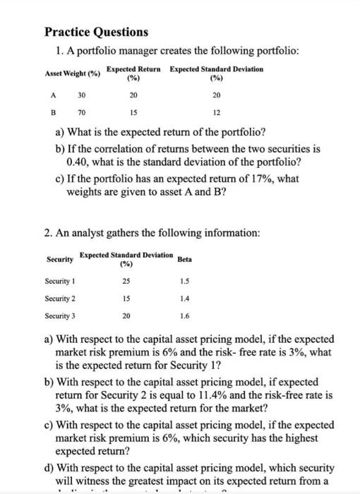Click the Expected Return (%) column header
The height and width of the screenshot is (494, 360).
pos(133,73)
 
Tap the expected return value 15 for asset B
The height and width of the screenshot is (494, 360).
pos(134,112)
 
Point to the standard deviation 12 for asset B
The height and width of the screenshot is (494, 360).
pos(217,112)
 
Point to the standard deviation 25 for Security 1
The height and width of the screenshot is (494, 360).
pos(126,282)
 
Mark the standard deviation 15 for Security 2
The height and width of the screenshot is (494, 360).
pos(126,299)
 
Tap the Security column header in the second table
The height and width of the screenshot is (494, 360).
pos(59,259)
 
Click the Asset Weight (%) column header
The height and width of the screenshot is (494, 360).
pos(72,73)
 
